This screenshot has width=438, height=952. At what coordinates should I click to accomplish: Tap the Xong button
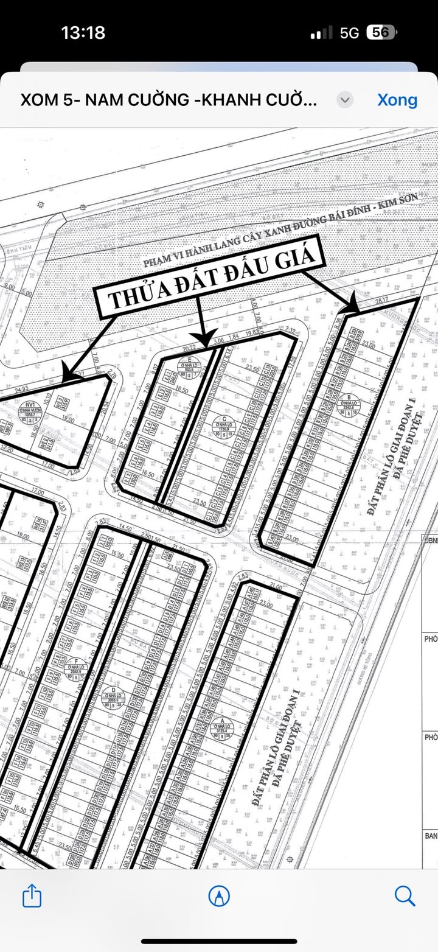397,100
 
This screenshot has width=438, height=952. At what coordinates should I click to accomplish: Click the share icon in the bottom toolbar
32,896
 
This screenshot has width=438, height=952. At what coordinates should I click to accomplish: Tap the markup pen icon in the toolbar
219,896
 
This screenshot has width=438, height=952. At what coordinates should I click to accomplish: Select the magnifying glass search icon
405,896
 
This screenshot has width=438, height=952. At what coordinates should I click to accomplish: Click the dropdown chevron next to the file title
345,100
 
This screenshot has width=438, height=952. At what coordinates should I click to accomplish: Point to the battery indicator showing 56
381,32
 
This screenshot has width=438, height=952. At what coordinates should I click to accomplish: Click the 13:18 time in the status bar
83,32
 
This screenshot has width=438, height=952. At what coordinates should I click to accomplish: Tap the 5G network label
350,33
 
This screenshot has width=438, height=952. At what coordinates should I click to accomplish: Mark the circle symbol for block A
221,726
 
